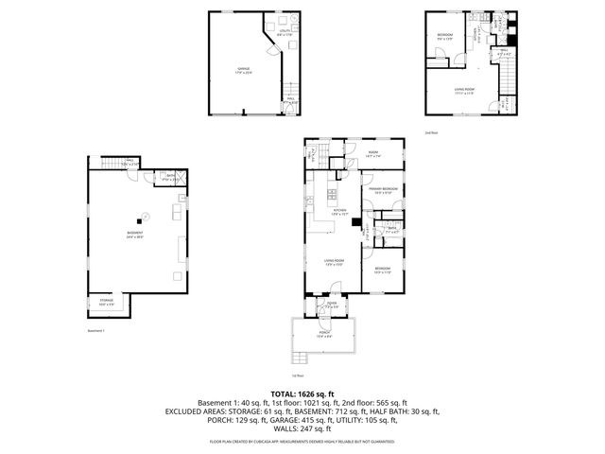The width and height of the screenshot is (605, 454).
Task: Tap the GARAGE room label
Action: click(243, 71)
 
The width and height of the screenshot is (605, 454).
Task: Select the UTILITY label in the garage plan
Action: click(285, 34)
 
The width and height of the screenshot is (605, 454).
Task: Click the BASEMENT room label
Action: click(137, 234)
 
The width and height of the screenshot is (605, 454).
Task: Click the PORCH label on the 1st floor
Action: click(322, 334)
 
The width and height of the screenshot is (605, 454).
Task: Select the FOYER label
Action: click(331, 306)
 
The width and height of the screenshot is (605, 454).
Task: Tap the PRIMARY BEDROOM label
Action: click(383, 190)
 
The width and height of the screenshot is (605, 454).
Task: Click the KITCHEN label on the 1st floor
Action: click(339, 210)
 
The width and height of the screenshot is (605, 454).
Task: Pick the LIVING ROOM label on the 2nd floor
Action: click(463, 91)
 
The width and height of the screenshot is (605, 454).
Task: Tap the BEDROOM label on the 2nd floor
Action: click(444, 36)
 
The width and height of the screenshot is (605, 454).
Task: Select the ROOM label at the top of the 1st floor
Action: click(373, 153)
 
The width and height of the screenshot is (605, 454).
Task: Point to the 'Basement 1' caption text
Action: click(95, 331)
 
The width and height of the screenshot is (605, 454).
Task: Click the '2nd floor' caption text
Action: click(431, 131)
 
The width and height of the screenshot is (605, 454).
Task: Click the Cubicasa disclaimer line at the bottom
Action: click(302, 442)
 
